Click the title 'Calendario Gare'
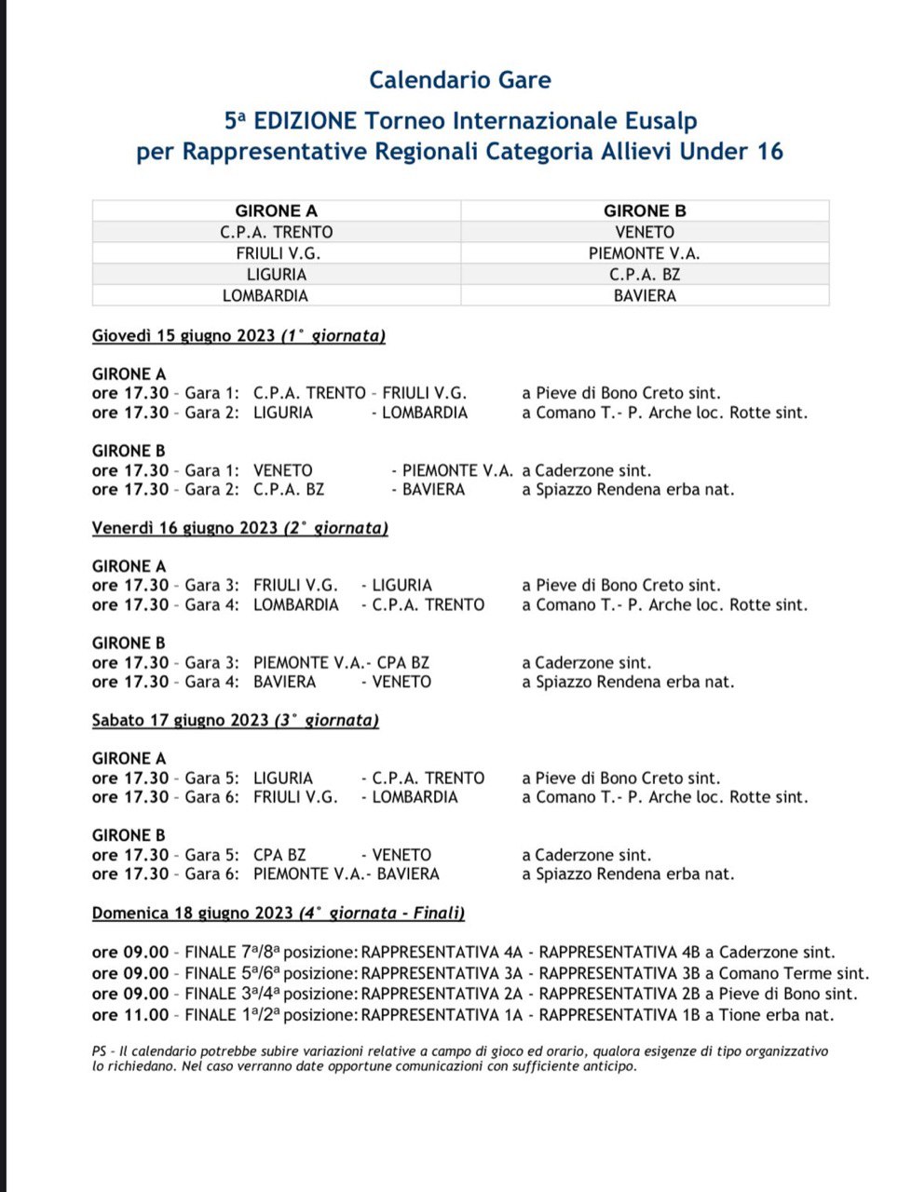459,80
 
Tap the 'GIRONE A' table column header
276,211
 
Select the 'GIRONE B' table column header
645,211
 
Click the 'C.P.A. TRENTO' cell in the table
276,232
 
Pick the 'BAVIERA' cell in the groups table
645,296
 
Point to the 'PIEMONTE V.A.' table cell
645,253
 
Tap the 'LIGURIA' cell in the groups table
276,275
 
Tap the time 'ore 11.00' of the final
130,1015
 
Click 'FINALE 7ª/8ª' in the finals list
232,953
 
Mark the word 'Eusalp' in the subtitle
660,121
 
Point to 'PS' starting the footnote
100,1051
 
